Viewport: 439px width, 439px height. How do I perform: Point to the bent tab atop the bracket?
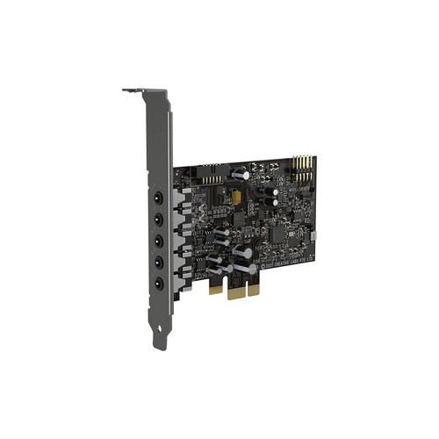[x=133, y=90]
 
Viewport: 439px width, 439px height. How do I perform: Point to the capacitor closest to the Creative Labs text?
[x=248, y=255]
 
